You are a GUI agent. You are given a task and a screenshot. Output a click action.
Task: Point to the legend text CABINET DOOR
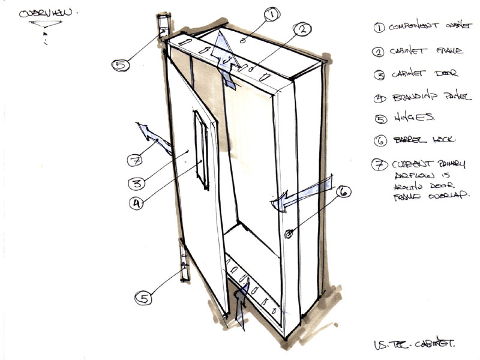(416, 74)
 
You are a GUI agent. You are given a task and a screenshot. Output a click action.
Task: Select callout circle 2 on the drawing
(301, 28)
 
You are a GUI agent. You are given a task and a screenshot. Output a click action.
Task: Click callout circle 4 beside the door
(137, 203)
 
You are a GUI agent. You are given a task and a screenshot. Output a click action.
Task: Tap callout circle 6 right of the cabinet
(343, 193)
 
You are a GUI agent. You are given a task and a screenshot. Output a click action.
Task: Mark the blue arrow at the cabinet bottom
(239, 303)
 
